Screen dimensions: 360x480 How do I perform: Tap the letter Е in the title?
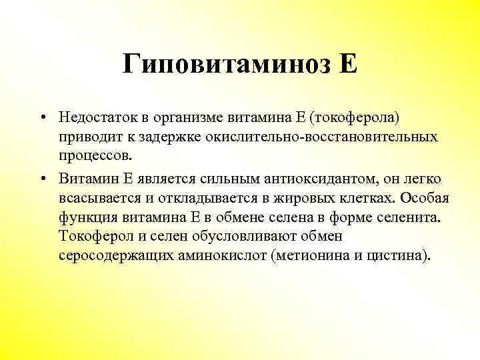point(348,65)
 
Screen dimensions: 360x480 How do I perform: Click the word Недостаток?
point(97,117)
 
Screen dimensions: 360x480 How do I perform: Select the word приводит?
point(87,137)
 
